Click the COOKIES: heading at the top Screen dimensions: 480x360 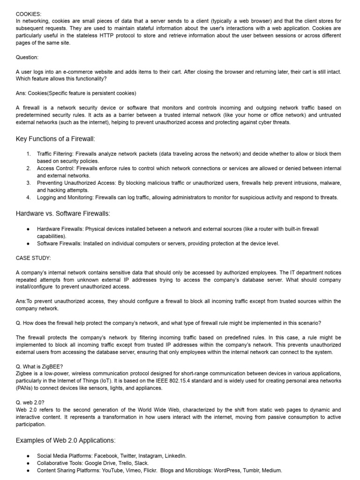point(29,14)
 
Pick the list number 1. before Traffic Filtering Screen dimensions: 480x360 point(29,154)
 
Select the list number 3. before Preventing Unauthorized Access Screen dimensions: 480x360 point(29,183)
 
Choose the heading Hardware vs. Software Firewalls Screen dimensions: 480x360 point(63,214)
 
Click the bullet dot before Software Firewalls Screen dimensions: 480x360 point(29,243)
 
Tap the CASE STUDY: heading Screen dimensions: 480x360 point(33,258)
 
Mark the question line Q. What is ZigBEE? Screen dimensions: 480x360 point(40,367)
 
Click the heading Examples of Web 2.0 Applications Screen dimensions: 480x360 point(66,440)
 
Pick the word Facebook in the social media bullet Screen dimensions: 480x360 point(106,456)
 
